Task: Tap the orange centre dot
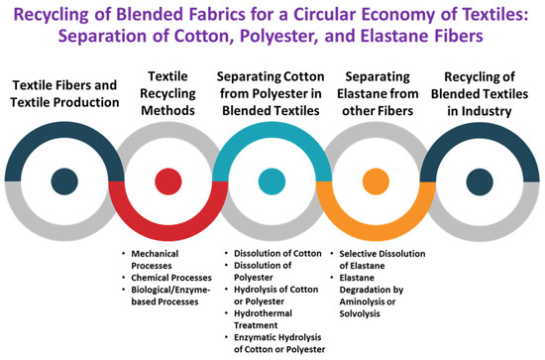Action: (x=378, y=181)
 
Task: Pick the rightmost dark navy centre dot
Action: (x=482, y=181)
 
